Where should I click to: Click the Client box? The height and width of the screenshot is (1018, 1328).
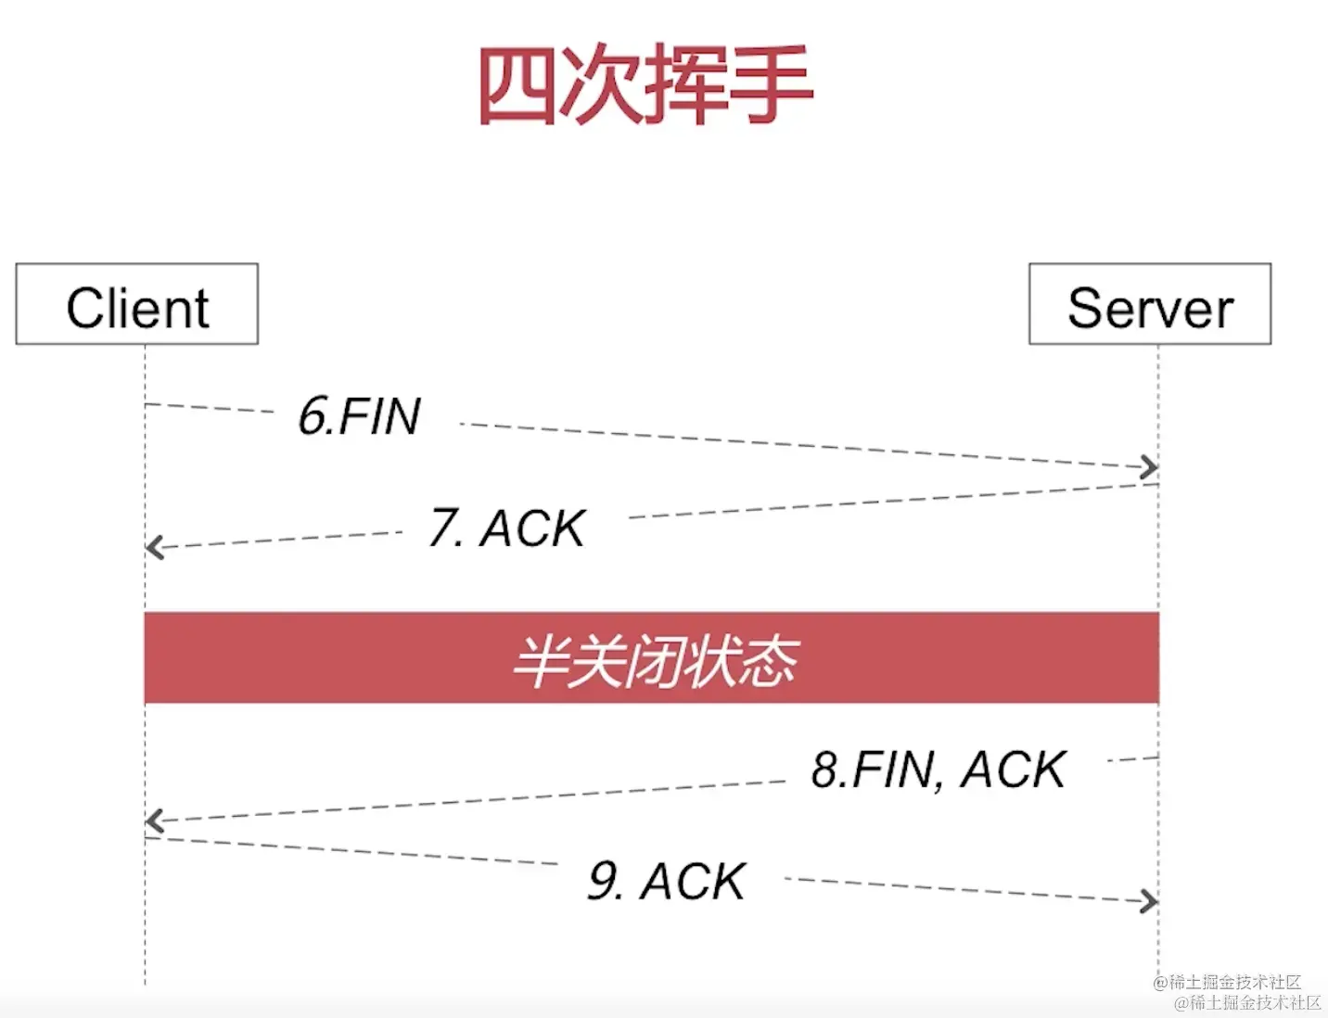(x=137, y=305)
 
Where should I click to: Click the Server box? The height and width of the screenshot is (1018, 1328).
(x=1150, y=305)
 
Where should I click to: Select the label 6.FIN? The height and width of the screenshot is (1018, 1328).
(x=360, y=416)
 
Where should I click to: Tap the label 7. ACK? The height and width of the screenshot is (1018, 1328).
(x=507, y=528)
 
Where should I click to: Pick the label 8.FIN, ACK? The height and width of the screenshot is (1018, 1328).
(x=939, y=770)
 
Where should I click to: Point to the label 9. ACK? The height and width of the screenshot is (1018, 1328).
(x=667, y=881)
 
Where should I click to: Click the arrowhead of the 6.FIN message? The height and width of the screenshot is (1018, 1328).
(x=1150, y=467)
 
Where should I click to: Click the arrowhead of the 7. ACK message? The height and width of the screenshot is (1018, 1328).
(x=154, y=547)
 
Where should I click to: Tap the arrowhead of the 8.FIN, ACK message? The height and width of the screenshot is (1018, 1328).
(x=154, y=821)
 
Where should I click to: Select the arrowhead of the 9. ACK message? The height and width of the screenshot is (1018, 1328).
(x=1150, y=900)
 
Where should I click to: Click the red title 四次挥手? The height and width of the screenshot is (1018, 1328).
(x=645, y=85)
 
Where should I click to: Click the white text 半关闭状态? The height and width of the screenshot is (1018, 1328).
(x=655, y=661)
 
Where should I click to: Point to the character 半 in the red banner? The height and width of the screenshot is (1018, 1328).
(x=540, y=661)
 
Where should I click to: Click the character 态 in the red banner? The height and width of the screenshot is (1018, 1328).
(x=769, y=661)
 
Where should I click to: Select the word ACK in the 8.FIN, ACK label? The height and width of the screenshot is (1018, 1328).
(x=1014, y=770)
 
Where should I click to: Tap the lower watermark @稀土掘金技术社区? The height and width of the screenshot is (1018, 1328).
(x=1247, y=1002)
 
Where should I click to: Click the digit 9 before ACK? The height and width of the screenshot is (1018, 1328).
(x=604, y=881)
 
